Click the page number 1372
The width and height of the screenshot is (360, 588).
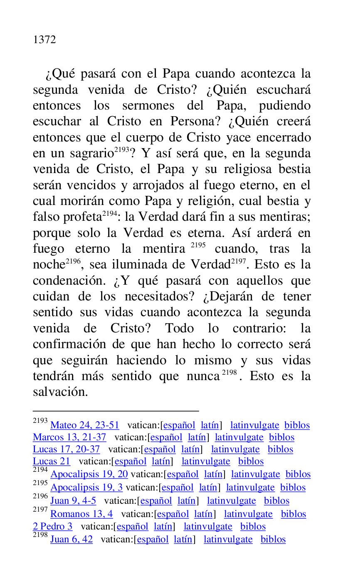point(44,40)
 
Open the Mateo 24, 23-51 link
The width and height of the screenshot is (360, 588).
point(84,425)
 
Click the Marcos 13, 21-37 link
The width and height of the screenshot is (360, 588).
point(69,437)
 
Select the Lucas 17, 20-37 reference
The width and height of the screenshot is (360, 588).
point(67,449)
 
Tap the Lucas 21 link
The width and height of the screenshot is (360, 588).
point(52,461)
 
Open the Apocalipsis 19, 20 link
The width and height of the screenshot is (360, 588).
point(89,474)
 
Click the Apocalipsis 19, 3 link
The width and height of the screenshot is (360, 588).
point(86,488)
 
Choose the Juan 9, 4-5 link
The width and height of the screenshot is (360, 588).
point(73,501)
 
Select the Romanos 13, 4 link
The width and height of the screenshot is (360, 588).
point(81,514)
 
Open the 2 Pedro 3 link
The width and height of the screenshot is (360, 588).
point(52,527)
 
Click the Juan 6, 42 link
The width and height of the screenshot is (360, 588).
point(72,539)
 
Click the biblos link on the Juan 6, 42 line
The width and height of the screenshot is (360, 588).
point(273,539)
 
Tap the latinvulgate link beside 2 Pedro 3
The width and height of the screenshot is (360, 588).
point(208,527)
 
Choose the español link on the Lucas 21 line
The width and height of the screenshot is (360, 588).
point(131,461)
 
